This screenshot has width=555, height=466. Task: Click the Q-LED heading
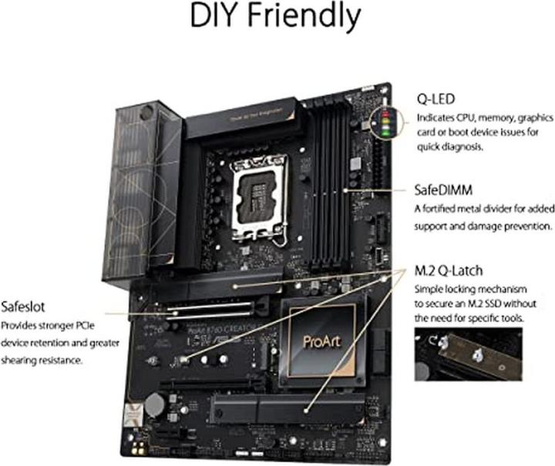(x=436, y=100)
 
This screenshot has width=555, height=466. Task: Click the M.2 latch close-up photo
(x=467, y=355)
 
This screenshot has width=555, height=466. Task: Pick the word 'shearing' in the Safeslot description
(x=21, y=360)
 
